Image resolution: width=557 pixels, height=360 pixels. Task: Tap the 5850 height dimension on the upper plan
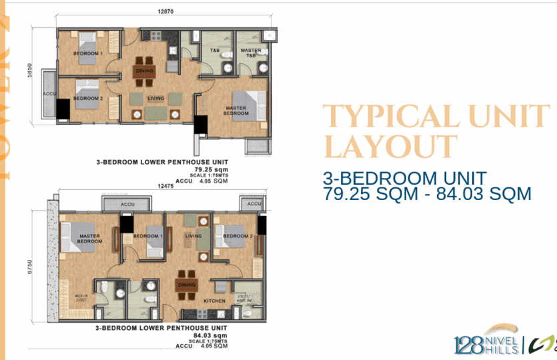click(29, 79)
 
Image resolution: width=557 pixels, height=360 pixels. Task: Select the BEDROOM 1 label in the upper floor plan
click(87, 53)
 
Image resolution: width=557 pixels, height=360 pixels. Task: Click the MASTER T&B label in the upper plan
click(251, 53)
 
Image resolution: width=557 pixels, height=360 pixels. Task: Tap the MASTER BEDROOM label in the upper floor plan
click(235, 111)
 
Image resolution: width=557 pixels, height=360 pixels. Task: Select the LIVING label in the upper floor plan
click(156, 99)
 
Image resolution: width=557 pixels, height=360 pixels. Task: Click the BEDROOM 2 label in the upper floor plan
click(87, 99)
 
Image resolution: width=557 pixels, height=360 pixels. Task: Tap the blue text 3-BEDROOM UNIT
click(404, 178)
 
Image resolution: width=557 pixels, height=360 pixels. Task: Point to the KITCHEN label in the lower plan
click(205, 301)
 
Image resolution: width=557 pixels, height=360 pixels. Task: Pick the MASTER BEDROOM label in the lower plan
click(89, 238)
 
